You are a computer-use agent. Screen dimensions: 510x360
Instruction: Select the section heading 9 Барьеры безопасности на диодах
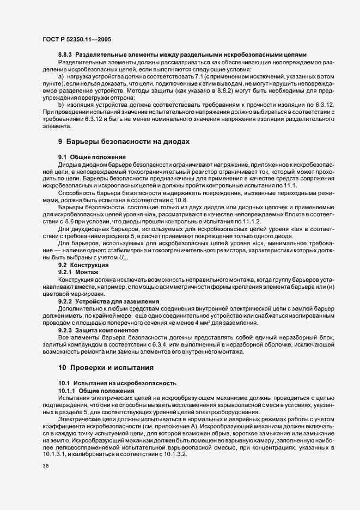[124, 141]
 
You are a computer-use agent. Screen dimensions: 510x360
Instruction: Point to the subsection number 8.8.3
[66, 56]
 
